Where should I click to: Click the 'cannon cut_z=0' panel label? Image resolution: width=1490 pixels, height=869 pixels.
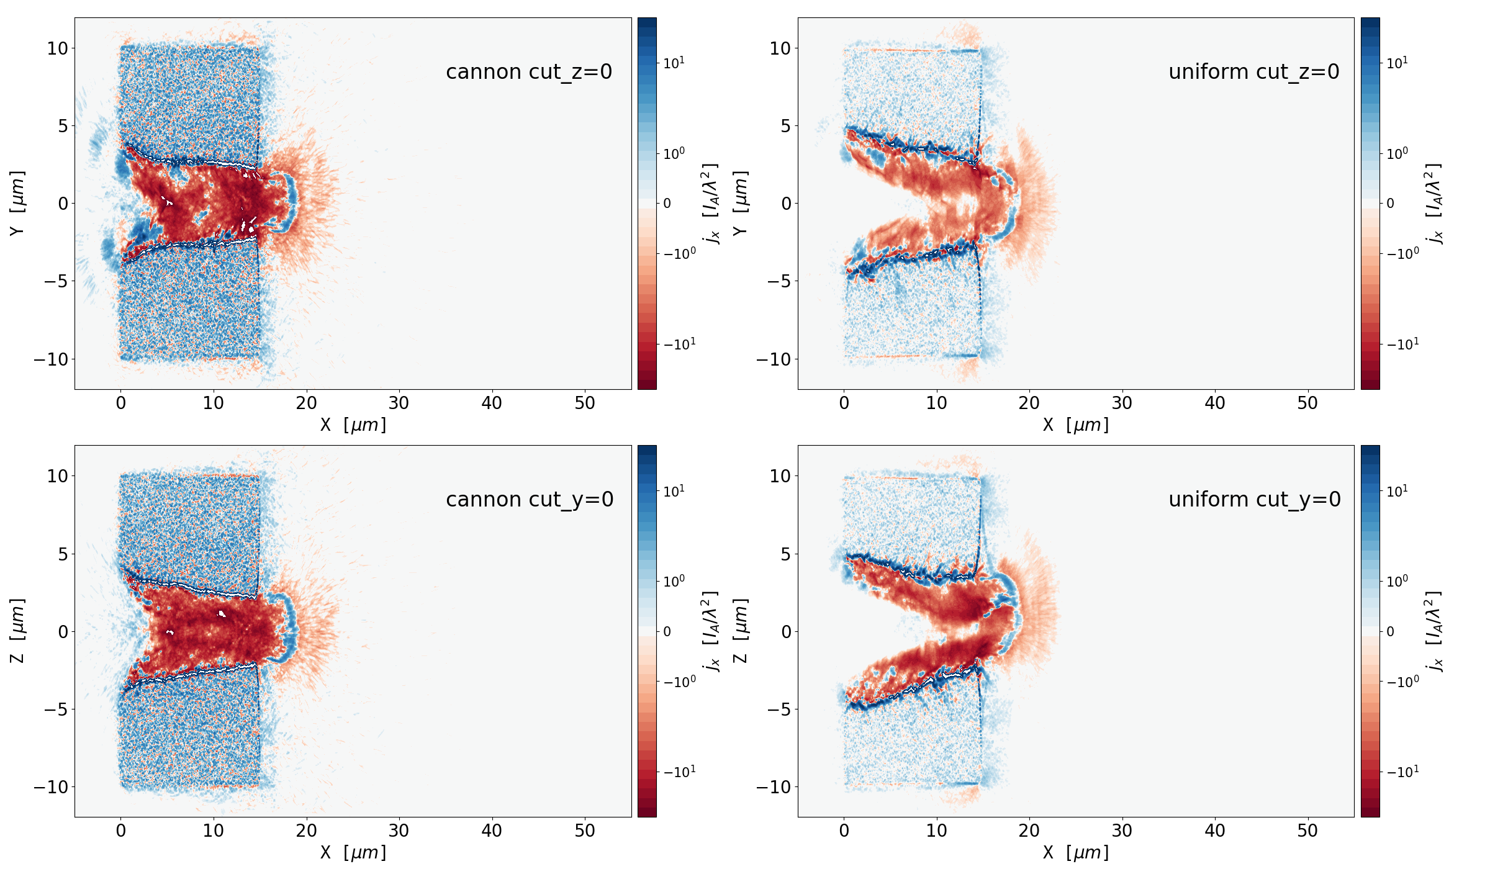click(529, 72)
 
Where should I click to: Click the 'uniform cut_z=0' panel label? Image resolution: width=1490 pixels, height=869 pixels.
click(1253, 72)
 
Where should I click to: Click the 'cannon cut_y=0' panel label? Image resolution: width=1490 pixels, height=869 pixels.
click(530, 500)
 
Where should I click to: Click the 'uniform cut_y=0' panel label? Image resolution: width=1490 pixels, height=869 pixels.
click(1254, 500)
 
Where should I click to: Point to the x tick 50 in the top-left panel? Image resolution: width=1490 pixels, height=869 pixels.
click(585, 403)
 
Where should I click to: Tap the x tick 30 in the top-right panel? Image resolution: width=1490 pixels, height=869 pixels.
click(1122, 403)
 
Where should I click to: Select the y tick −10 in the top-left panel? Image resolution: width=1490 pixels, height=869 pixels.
click(51, 359)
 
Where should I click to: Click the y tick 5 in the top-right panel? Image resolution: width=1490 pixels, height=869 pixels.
click(786, 126)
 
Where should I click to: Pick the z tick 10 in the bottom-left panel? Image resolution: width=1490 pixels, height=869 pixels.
click(57, 476)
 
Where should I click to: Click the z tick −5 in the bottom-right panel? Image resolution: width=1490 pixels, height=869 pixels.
click(780, 709)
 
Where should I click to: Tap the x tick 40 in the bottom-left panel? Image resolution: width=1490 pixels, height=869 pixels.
click(492, 831)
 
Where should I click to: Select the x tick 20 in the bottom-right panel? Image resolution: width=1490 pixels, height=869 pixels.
click(1029, 831)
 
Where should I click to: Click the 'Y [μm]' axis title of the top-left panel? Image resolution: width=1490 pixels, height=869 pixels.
click(17, 203)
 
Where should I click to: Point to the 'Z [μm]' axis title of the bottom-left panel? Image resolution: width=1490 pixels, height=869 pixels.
click(17, 631)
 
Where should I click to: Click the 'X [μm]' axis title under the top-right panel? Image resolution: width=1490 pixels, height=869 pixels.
click(1075, 425)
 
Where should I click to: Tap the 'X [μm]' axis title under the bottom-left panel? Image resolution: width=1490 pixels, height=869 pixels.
click(353, 853)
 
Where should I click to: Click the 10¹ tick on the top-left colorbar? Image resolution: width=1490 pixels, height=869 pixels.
click(674, 63)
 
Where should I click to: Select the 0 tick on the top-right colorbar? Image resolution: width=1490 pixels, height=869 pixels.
click(1391, 204)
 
